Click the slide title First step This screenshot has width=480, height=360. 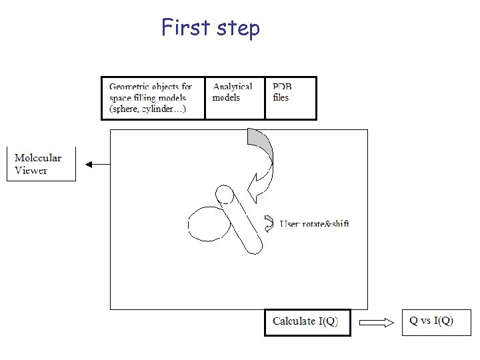[x=211, y=28]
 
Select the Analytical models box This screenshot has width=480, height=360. [x=234, y=97]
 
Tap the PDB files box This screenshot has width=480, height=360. [x=290, y=97]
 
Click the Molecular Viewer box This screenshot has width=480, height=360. [x=41, y=164]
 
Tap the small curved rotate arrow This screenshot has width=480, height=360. [x=269, y=223]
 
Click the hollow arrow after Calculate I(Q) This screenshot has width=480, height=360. [x=377, y=323]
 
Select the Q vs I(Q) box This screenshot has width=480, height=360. [x=431, y=321]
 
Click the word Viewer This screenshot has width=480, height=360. [x=31, y=171]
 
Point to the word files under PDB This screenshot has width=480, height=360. [x=281, y=97]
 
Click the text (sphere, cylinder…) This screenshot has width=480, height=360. [x=148, y=109]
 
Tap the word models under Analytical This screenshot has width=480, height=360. [x=226, y=97]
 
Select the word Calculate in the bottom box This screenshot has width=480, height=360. [x=294, y=321]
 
